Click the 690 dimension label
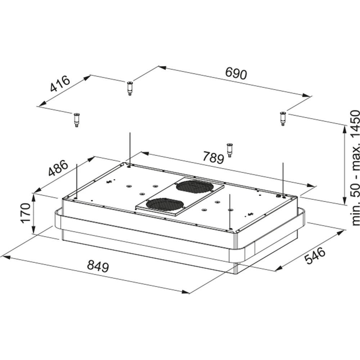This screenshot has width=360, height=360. click(x=236, y=73)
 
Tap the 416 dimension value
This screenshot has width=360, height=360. click(x=60, y=84)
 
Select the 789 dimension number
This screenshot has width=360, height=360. click(x=213, y=157)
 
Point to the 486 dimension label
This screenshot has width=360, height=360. click(x=58, y=168)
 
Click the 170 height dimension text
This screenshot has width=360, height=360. click(x=26, y=213)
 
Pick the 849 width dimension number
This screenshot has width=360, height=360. click(x=98, y=266)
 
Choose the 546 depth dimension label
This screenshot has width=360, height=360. click(x=315, y=255)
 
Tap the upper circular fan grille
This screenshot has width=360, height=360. click(x=195, y=186)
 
